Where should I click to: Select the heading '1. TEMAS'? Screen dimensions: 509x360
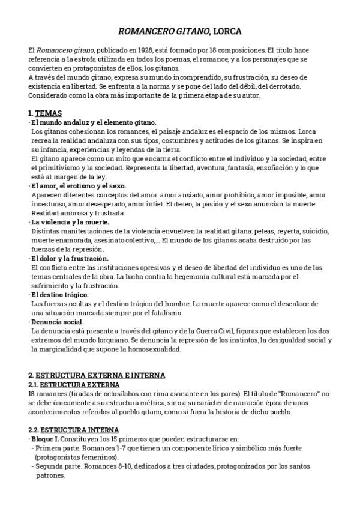click(x=44, y=113)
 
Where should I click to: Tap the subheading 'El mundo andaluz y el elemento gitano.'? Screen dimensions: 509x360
click(x=94, y=122)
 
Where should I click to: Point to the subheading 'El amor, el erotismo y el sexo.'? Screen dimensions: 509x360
click(x=79, y=186)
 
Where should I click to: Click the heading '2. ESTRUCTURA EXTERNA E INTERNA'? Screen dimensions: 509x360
click(x=96, y=376)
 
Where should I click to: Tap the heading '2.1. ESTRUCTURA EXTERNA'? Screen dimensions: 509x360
click(x=74, y=385)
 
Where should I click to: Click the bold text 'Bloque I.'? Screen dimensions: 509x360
click(x=46, y=439)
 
